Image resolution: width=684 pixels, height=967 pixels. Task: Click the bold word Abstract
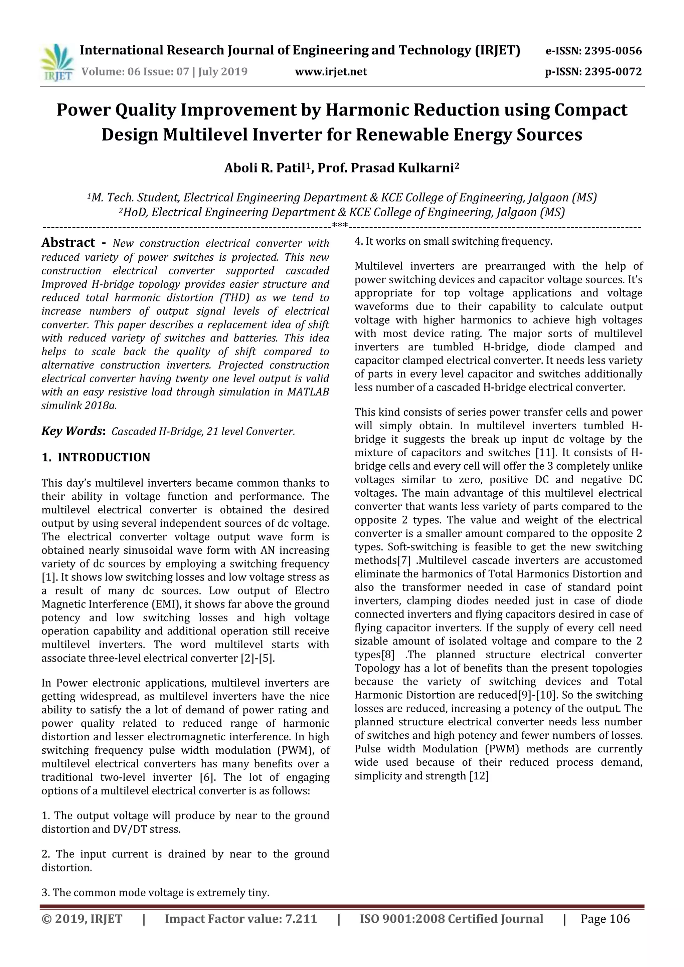pos(68,243)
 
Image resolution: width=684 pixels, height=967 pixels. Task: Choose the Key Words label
pos(72,431)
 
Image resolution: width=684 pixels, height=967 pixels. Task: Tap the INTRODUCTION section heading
pos(104,457)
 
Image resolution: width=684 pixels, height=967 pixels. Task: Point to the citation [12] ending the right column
pos(479,776)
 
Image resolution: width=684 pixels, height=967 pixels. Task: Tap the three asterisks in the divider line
pos(340,226)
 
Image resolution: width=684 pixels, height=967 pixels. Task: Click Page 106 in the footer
pos(605,931)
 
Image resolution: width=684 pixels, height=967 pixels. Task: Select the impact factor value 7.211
pos(301,931)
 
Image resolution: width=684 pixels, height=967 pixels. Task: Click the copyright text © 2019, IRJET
pos(82,931)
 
